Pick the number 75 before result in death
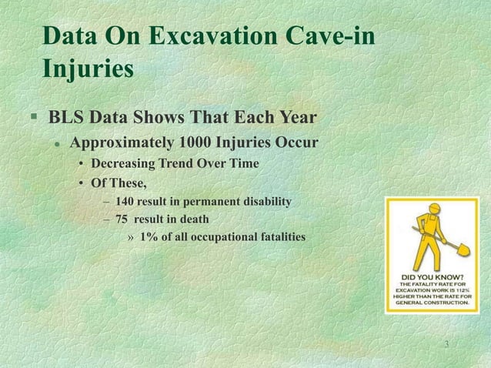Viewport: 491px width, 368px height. click(x=122, y=219)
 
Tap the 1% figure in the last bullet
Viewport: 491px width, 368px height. click(x=150, y=236)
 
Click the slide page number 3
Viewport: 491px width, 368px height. click(x=447, y=343)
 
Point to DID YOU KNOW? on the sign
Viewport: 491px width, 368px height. click(x=436, y=276)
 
